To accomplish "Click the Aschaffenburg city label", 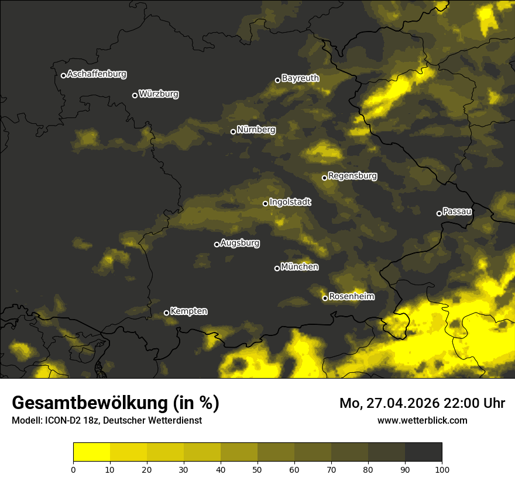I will pyautogui.click(x=97, y=74).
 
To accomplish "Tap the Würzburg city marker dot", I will pyautogui.click(x=135, y=95).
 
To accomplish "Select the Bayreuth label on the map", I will pyautogui.click(x=300, y=78).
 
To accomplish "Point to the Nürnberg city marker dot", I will pyautogui.click(x=233, y=131).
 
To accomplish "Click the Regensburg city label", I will pyautogui.click(x=352, y=175).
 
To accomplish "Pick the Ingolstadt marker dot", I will pyautogui.click(x=265, y=203).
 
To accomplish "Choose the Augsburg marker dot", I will pyautogui.click(x=217, y=244).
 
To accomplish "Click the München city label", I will pyautogui.click(x=300, y=266).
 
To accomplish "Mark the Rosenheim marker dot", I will pyautogui.click(x=325, y=299).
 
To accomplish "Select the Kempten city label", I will pyautogui.click(x=188, y=311).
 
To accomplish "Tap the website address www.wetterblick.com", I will pyautogui.click(x=422, y=420).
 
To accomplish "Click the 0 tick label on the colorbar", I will pyautogui.click(x=73, y=469).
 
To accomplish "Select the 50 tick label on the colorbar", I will pyautogui.click(x=257, y=469).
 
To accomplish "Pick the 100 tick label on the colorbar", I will pyautogui.click(x=442, y=469).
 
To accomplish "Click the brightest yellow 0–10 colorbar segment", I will pyautogui.click(x=91, y=452).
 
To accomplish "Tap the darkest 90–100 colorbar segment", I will pyautogui.click(x=423, y=452).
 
